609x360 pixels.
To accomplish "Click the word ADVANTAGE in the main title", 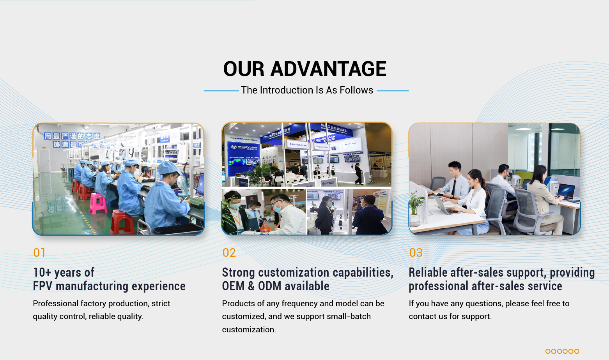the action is tap(328, 69).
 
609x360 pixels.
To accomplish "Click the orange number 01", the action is tap(39, 253).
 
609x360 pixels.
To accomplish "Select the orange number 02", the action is tap(229, 253).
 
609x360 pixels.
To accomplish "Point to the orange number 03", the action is tap(416, 253).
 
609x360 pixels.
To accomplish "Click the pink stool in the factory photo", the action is tap(97, 203).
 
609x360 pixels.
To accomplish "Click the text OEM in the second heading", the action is tap(233, 286).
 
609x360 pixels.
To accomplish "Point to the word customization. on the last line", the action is tap(249, 330).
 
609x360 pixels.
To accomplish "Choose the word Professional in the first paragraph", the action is tap(56, 303).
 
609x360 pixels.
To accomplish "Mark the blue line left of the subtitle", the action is tap(221, 91).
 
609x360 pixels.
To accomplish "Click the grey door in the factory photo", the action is tap(44, 160).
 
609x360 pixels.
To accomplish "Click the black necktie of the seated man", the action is tap(453, 187).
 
